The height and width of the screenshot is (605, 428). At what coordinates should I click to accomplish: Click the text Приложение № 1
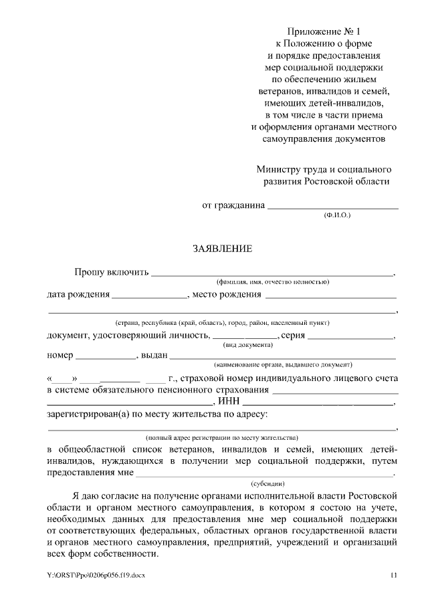point(324,31)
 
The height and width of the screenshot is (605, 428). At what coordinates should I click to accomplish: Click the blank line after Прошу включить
point(272,274)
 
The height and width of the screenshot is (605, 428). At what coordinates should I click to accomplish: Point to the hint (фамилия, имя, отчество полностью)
point(272,282)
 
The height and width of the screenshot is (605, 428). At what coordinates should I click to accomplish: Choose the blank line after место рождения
point(331,296)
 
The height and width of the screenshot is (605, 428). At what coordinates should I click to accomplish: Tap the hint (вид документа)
point(247,344)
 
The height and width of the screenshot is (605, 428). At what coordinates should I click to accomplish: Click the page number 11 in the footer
point(393,575)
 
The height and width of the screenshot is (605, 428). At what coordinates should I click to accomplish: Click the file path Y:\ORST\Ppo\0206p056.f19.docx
point(96,575)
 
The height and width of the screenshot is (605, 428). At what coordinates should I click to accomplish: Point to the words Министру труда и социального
point(324,169)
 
